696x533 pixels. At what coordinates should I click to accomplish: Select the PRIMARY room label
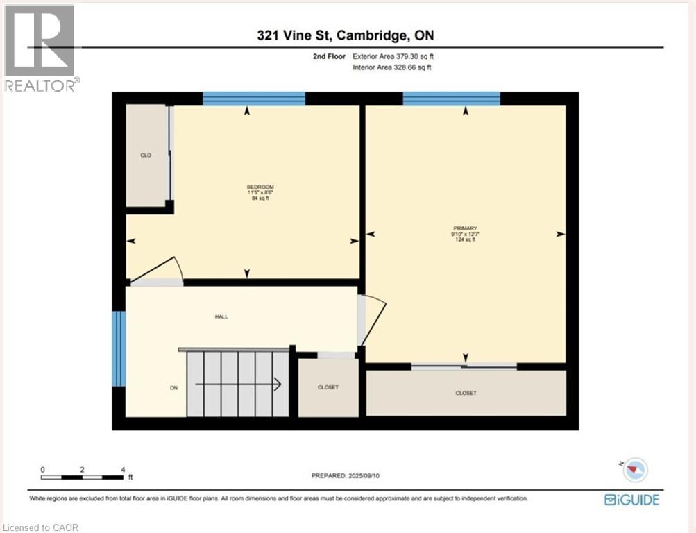(466, 228)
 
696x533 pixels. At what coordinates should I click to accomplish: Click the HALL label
(221, 316)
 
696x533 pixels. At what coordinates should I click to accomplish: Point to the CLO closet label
(146, 155)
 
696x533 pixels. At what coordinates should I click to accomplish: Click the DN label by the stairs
(174, 388)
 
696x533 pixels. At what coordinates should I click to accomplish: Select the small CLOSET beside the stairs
(328, 387)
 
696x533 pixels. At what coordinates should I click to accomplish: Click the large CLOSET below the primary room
(466, 393)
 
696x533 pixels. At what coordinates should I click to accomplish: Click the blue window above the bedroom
(254, 99)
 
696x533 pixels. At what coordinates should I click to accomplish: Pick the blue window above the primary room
(451, 99)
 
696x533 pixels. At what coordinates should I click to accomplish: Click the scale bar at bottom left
(83, 477)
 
